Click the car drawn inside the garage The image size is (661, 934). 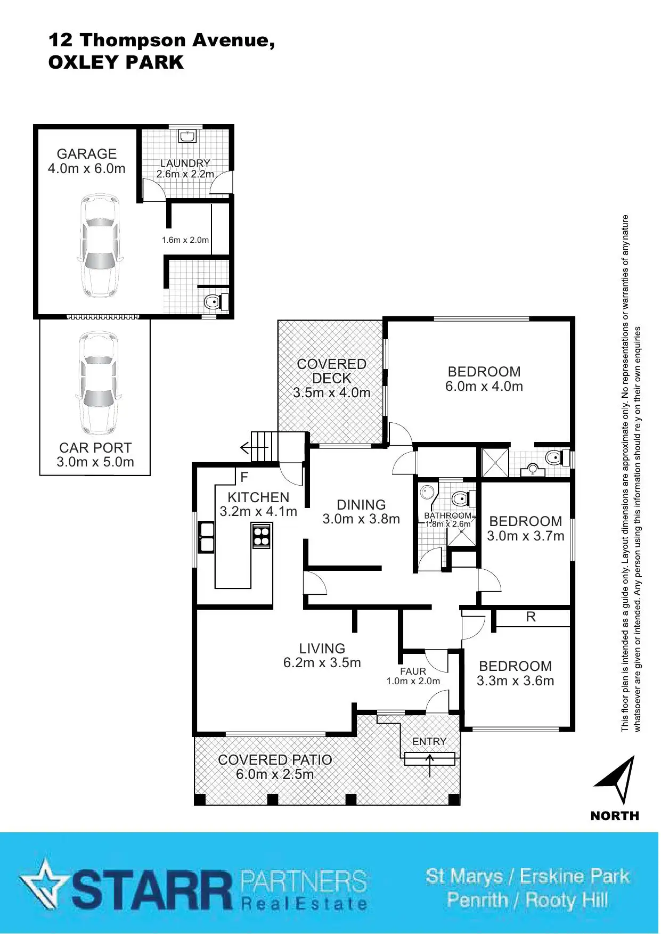(x=99, y=245)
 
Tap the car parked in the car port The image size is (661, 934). (x=99, y=383)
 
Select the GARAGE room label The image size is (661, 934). (x=86, y=154)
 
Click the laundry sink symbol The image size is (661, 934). (x=187, y=136)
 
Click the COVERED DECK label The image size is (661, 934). (x=331, y=371)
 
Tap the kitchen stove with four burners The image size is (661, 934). (x=262, y=536)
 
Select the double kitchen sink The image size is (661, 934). (x=207, y=537)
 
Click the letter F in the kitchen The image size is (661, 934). (x=244, y=477)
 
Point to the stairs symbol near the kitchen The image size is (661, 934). (x=262, y=447)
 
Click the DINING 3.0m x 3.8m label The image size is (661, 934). (x=361, y=512)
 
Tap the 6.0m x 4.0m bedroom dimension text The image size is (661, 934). (x=484, y=387)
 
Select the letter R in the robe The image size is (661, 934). (x=531, y=617)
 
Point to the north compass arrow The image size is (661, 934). (x=618, y=779)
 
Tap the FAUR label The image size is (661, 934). (x=413, y=671)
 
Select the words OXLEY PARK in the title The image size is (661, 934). (x=116, y=62)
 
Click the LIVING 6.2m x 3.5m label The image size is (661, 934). (x=322, y=656)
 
